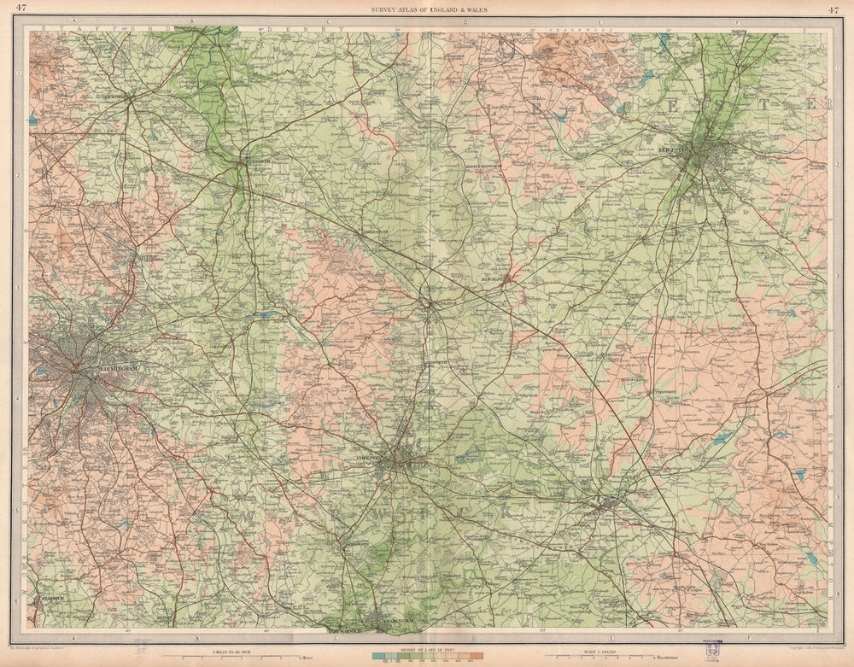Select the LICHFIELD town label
pyautogui.click(x=116, y=97)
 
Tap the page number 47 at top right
pyautogui.click(x=833, y=9)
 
